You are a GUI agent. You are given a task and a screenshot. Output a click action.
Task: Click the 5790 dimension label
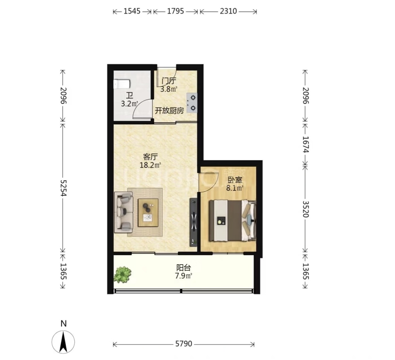click(184, 344)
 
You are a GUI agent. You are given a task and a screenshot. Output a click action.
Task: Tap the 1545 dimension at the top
click(132, 11)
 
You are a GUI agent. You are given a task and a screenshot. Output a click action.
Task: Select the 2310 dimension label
click(228, 11)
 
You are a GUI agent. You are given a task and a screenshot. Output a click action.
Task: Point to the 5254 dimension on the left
click(63, 188)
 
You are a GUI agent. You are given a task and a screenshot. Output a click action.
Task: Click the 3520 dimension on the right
click(306, 209)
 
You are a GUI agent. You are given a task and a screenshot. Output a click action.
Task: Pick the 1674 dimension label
click(306, 144)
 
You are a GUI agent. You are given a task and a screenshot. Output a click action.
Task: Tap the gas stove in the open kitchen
click(192, 103)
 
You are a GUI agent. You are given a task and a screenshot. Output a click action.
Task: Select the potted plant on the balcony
click(123, 274)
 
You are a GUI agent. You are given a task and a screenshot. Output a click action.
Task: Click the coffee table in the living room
click(148, 213)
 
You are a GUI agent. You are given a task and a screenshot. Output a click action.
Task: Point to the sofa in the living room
click(124, 212)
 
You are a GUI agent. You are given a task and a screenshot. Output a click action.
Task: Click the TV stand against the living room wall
click(193, 222)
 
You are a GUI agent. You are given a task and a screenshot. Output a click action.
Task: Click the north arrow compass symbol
click(63, 342)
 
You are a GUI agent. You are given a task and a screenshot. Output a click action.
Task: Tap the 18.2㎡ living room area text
click(150, 166)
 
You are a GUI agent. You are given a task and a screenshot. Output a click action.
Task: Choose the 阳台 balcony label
click(184, 267)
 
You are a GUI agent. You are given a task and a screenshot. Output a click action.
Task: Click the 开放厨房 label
click(169, 111)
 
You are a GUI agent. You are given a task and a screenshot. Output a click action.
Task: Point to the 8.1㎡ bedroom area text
click(235, 188)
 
